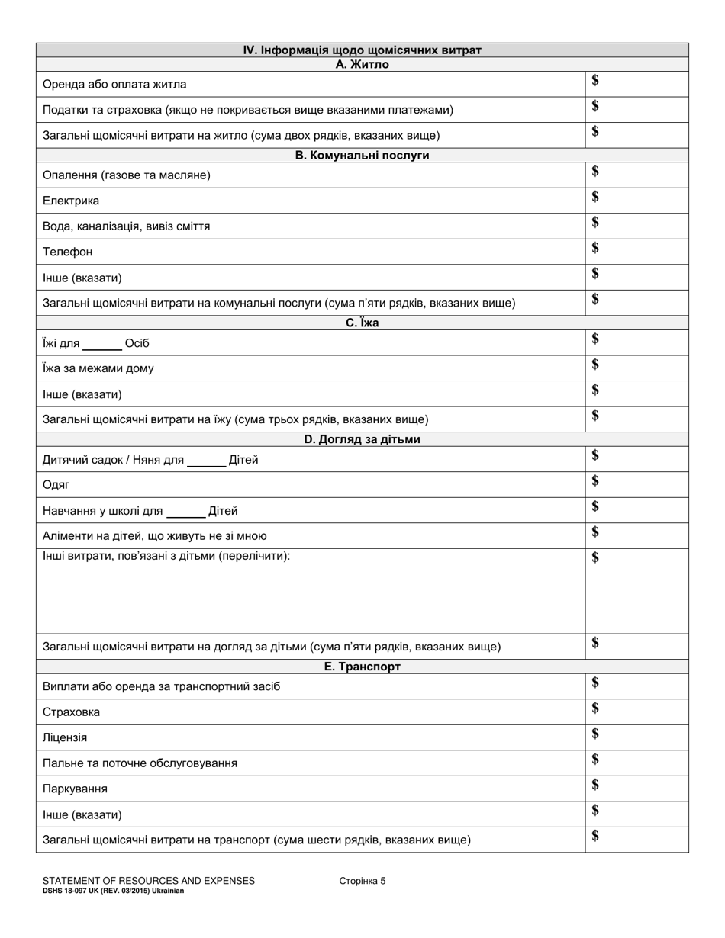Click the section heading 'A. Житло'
(362, 65)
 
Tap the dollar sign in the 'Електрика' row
(595, 198)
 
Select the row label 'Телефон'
(68, 252)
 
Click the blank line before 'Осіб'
(102, 343)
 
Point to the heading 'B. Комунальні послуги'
(362, 156)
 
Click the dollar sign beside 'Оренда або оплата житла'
(595, 81)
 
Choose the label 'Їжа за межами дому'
(98, 368)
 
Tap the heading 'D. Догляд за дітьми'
(362, 440)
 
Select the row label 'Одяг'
(56, 485)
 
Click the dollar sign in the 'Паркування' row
(595, 785)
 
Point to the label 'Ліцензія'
(65, 738)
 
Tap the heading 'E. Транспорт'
(362, 667)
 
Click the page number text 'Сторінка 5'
(362, 881)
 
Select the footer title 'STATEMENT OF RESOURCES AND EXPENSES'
(149, 881)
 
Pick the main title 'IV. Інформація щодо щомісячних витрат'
(362, 50)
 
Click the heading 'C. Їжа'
(362, 323)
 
